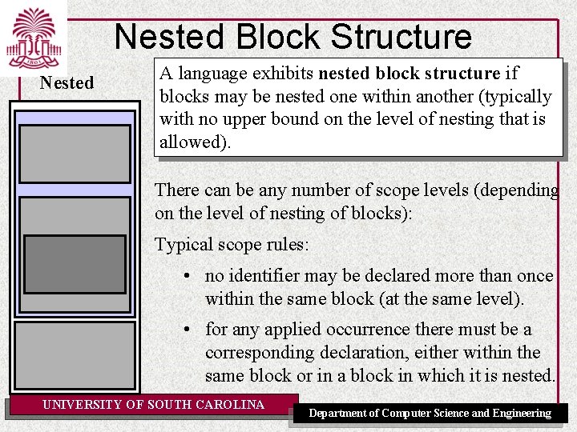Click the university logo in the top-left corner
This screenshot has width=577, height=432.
(34, 38)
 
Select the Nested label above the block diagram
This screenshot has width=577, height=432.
(67, 82)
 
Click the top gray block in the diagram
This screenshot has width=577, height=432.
(75, 153)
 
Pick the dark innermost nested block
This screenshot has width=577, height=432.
(75, 264)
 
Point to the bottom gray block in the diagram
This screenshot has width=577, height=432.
(75, 354)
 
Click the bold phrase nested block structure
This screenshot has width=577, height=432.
(409, 74)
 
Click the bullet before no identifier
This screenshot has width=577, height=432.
(185, 276)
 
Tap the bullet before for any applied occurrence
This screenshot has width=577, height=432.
(185, 330)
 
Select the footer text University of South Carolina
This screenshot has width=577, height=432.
(153, 405)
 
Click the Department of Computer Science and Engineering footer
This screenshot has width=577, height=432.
(430, 413)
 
